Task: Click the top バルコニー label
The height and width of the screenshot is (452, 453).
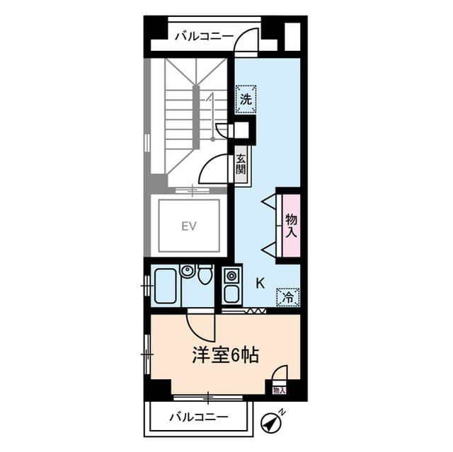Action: tap(204, 35)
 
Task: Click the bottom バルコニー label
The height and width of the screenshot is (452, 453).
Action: tap(198, 417)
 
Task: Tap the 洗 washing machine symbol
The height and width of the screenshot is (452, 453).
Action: tap(245, 100)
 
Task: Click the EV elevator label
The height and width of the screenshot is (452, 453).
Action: tap(188, 226)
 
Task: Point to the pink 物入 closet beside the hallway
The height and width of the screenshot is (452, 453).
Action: tap(291, 225)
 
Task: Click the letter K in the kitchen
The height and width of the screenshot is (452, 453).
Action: tap(260, 284)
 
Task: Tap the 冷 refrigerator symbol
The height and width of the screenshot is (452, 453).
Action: tap(287, 299)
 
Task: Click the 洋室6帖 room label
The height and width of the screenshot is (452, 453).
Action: tap(224, 354)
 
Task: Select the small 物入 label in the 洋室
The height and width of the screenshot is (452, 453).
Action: tap(278, 390)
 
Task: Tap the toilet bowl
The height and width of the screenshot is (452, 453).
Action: tap(205, 274)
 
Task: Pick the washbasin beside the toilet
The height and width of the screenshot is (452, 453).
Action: tap(188, 271)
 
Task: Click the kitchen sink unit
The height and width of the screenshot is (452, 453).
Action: tap(231, 286)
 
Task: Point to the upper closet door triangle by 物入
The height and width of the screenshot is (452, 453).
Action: tap(269, 202)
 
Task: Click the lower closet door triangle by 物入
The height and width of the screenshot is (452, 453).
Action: tap(269, 248)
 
